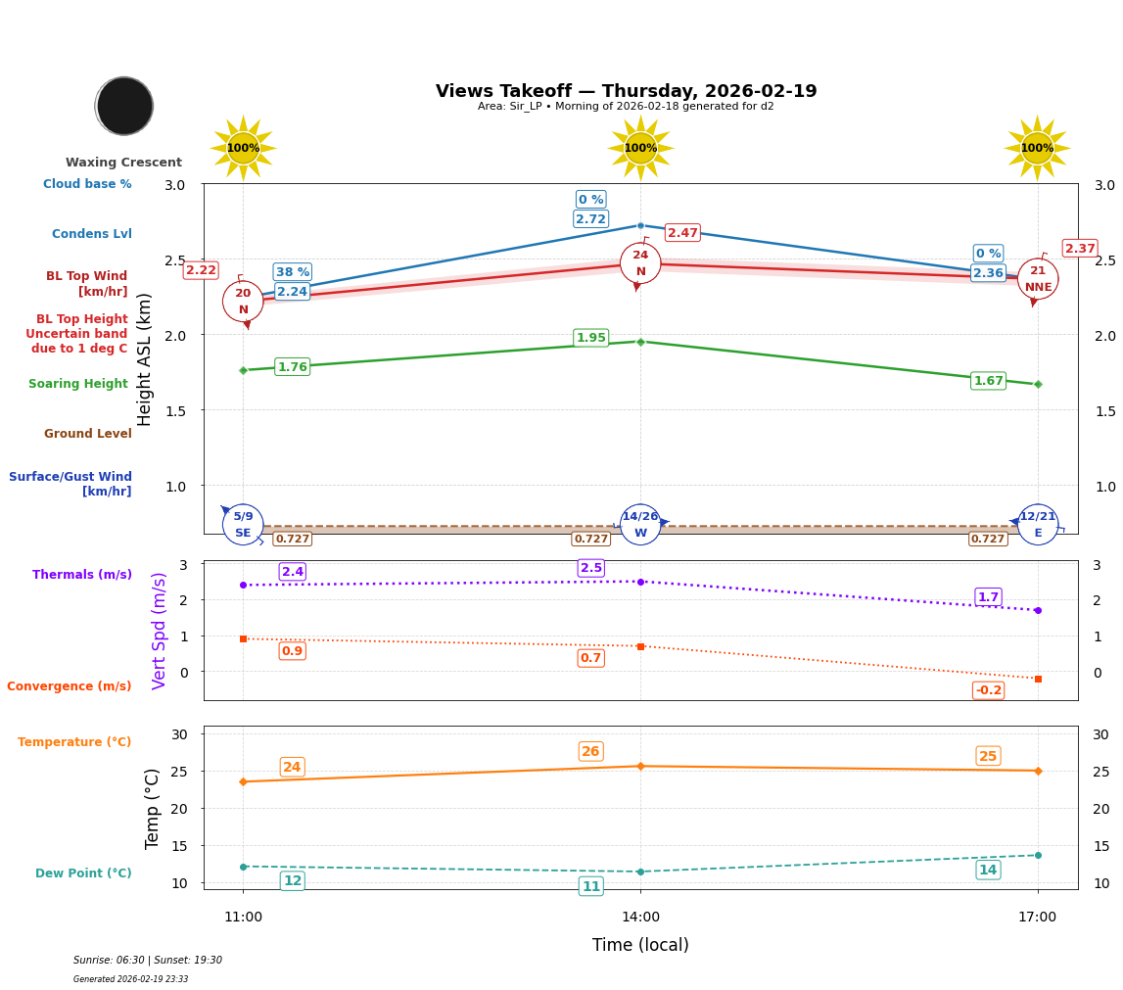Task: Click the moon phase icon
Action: (x=124, y=106)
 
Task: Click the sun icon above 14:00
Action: (x=640, y=148)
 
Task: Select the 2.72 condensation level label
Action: (x=590, y=219)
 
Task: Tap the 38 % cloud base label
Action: (x=292, y=272)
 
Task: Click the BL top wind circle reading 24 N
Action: (x=640, y=263)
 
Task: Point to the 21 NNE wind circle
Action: (x=1038, y=279)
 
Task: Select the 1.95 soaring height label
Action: (x=590, y=338)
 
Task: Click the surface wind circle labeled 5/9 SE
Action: (x=243, y=524)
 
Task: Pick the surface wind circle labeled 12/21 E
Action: (x=1038, y=524)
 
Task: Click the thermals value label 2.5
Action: (x=591, y=568)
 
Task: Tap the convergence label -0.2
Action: (x=988, y=690)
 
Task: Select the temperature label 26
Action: (x=590, y=752)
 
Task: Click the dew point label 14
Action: (x=988, y=870)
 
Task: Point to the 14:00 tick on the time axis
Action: (x=640, y=918)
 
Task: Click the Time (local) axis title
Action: (x=640, y=945)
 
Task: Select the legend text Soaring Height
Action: (x=78, y=384)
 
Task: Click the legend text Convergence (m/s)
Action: (x=70, y=686)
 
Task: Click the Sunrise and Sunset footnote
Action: (x=148, y=961)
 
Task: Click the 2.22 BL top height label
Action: (x=201, y=270)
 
